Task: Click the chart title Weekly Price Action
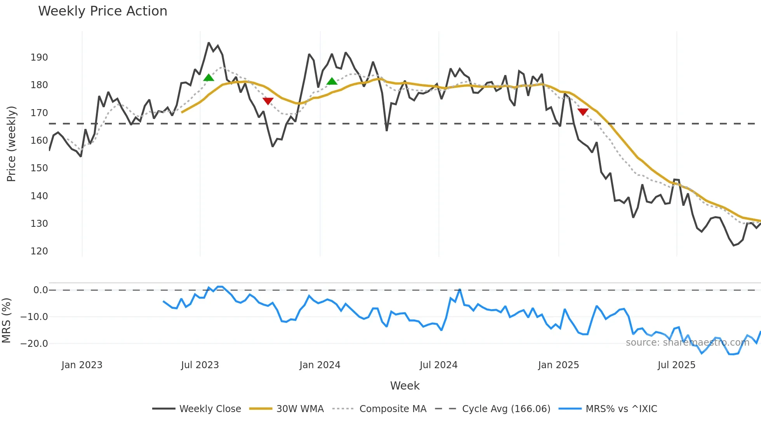[103, 11]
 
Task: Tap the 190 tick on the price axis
[39, 57]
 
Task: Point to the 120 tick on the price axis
[39, 251]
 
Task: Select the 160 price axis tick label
[39, 141]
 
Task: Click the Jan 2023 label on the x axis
[82, 365]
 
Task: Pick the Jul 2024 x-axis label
[438, 365]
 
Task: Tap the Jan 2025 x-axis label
[558, 365]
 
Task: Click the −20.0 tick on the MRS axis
[34, 344]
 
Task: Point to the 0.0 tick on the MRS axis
[40, 290]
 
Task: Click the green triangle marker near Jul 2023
[208, 78]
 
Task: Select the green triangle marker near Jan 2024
[332, 81]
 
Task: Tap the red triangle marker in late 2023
[268, 101]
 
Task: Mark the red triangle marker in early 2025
[583, 112]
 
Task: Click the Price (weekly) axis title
[11, 144]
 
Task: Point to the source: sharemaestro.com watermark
[687, 343]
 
